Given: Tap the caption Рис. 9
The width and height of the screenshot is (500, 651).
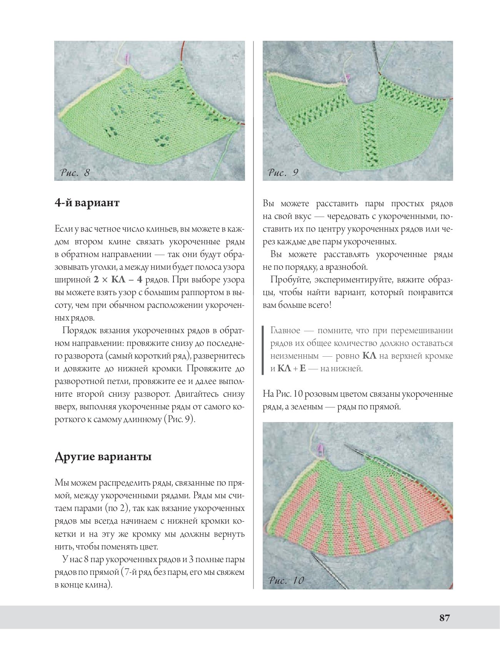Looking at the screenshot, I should tap(283, 172).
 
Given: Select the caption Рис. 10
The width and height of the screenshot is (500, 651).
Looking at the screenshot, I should tap(286, 580).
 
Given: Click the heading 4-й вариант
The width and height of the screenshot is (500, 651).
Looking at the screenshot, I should tap(87, 202).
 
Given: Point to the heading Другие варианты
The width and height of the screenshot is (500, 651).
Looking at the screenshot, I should tap(103, 457).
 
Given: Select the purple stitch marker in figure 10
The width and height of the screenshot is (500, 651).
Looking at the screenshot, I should tap(319, 447).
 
